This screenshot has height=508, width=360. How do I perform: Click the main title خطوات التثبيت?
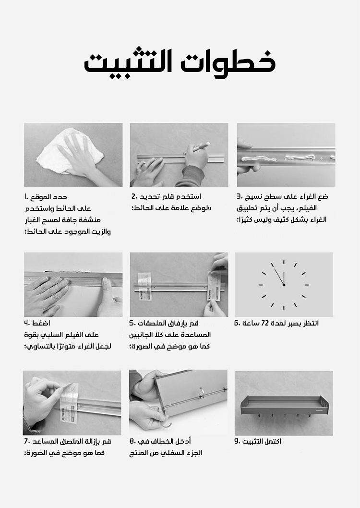point(180,62)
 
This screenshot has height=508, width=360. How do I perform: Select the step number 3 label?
point(240,196)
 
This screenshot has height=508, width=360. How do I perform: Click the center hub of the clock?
point(284,285)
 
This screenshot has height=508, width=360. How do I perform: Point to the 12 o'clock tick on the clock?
point(284,263)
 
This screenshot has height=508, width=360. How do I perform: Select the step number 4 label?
point(27,323)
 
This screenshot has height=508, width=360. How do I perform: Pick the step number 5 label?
point(133,323)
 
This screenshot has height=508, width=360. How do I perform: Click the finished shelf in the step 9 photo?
point(284,405)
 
